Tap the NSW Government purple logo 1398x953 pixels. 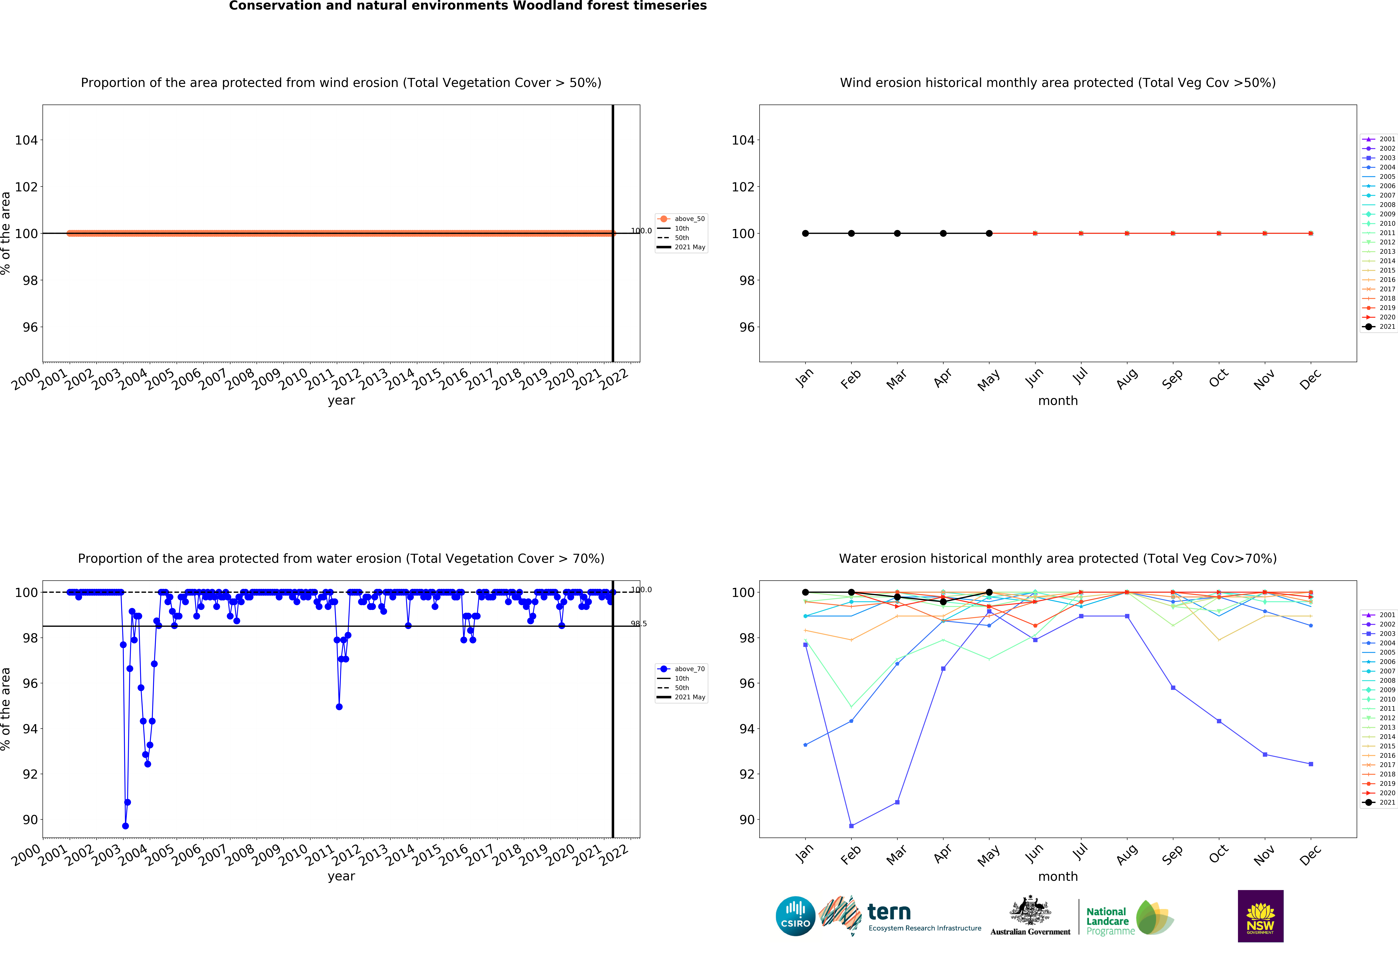coord(1260,916)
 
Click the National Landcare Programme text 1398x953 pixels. coord(1108,921)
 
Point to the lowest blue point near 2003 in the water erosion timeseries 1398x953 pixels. coord(125,826)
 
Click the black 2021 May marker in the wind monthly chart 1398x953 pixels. coord(989,233)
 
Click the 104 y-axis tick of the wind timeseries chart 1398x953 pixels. coord(26,140)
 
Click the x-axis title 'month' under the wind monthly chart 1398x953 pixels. coord(1057,401)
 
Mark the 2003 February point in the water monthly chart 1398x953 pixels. coord(851,826)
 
